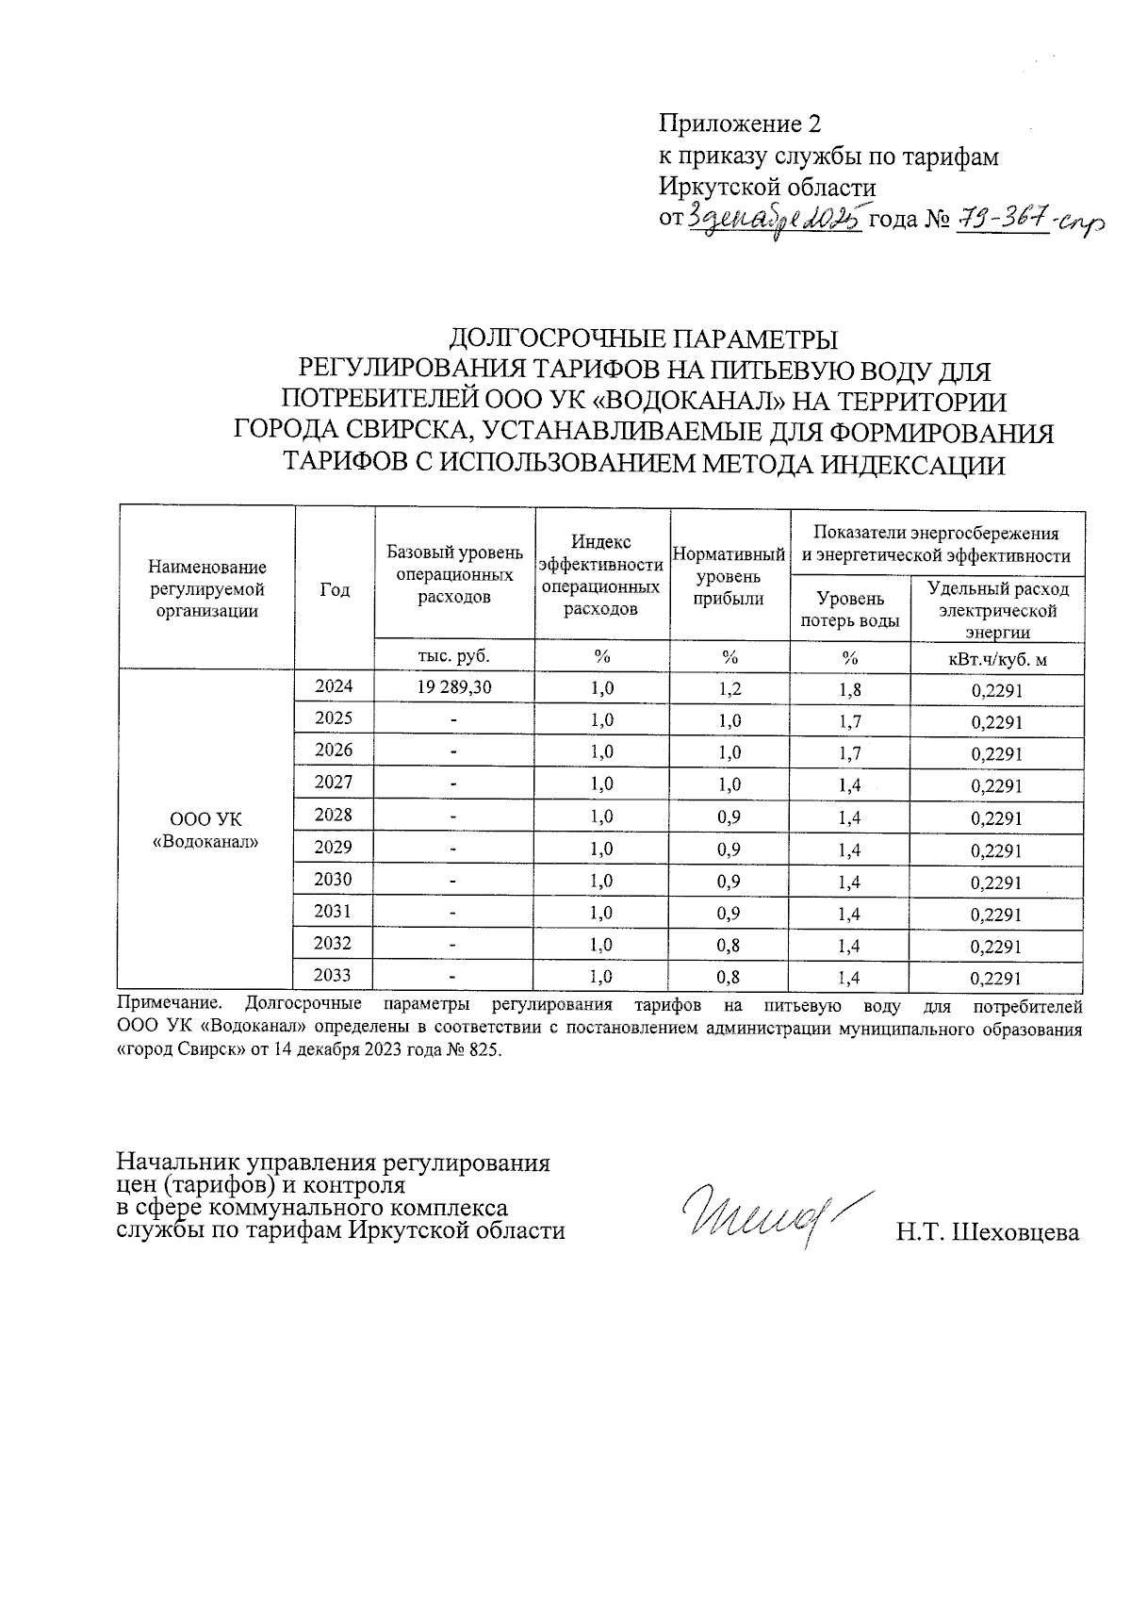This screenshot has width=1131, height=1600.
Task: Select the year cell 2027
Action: tap(334, 783)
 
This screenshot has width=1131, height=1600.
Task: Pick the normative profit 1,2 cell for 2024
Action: tap(729, 689)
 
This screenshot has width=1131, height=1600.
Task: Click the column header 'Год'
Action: tap(335, 590)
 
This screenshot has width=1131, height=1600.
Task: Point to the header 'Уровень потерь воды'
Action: tap(849, 609)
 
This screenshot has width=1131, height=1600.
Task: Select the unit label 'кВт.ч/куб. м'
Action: tap(997, 659)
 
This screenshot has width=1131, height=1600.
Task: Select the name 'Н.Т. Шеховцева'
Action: tap(988, 1231)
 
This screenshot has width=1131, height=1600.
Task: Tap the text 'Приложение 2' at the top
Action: tap(740, 124)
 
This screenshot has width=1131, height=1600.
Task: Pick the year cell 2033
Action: tap(334, 975)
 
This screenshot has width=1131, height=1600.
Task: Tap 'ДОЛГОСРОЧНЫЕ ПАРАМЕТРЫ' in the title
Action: tap(643, 338)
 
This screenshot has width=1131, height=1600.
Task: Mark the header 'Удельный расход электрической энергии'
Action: tap(997, 610)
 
